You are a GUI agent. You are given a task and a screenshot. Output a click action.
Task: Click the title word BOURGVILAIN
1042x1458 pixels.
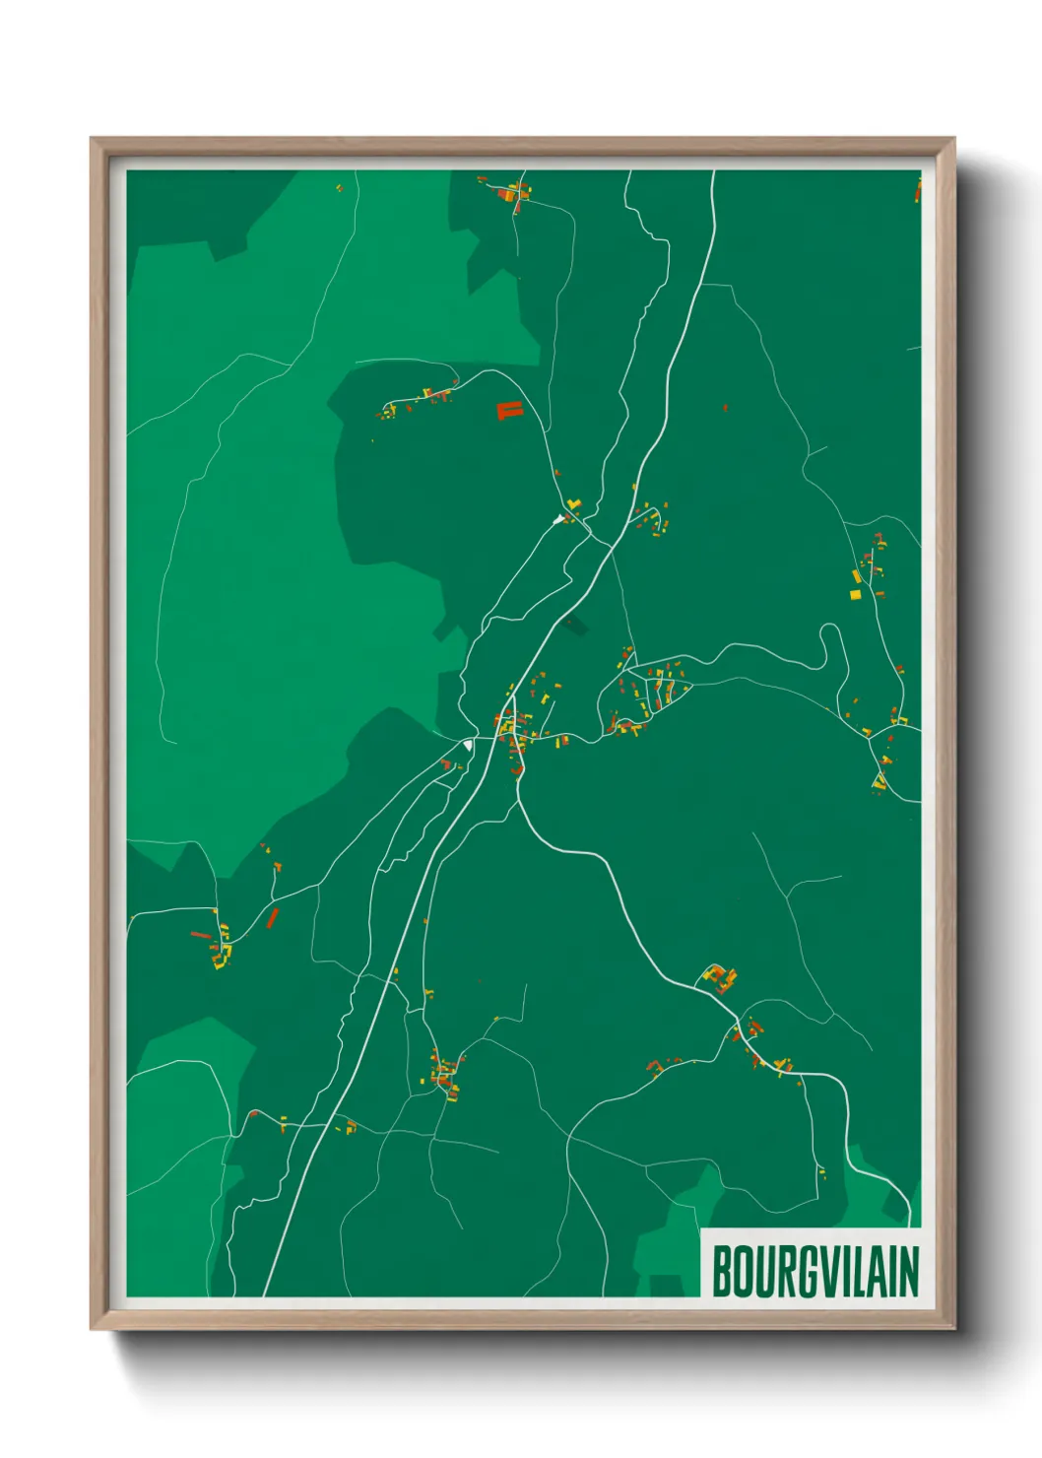pyautogui.click(x=814, y=1271)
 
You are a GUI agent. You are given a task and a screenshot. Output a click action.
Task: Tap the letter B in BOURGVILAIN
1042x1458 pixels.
pyautogui.click(x=722, y=1272)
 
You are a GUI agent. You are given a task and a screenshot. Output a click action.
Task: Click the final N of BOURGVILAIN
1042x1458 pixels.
pyautogui.click(x=909, y=1272)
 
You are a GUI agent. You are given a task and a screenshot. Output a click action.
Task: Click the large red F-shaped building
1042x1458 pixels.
pyautogui.click(x=508, y=410)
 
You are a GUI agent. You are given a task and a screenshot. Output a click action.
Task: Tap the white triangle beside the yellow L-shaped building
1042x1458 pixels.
pyautogui.click(x=559, y=517)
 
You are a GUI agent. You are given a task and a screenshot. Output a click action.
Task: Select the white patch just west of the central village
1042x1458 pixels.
pyautogui.click(x=468, y=746)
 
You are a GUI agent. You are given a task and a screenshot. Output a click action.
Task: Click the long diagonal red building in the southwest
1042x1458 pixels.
pyautogui.click(x=273, y=918)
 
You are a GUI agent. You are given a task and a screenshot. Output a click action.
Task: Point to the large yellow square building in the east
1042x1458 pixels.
pyautogui.click(x=856, y=594)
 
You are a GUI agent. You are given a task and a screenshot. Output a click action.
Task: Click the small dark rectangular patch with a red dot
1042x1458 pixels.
pyautogui.click(x=571, y=624)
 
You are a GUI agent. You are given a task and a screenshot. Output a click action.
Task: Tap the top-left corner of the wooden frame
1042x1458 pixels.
pyautogui.click(x=93, y=140)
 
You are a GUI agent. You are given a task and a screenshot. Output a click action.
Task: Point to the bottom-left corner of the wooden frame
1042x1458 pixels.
pyautogui.click(x=93, y=1329)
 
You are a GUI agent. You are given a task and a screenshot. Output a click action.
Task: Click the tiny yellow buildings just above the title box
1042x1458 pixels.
pyautogui.click(x=821, y=1171)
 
